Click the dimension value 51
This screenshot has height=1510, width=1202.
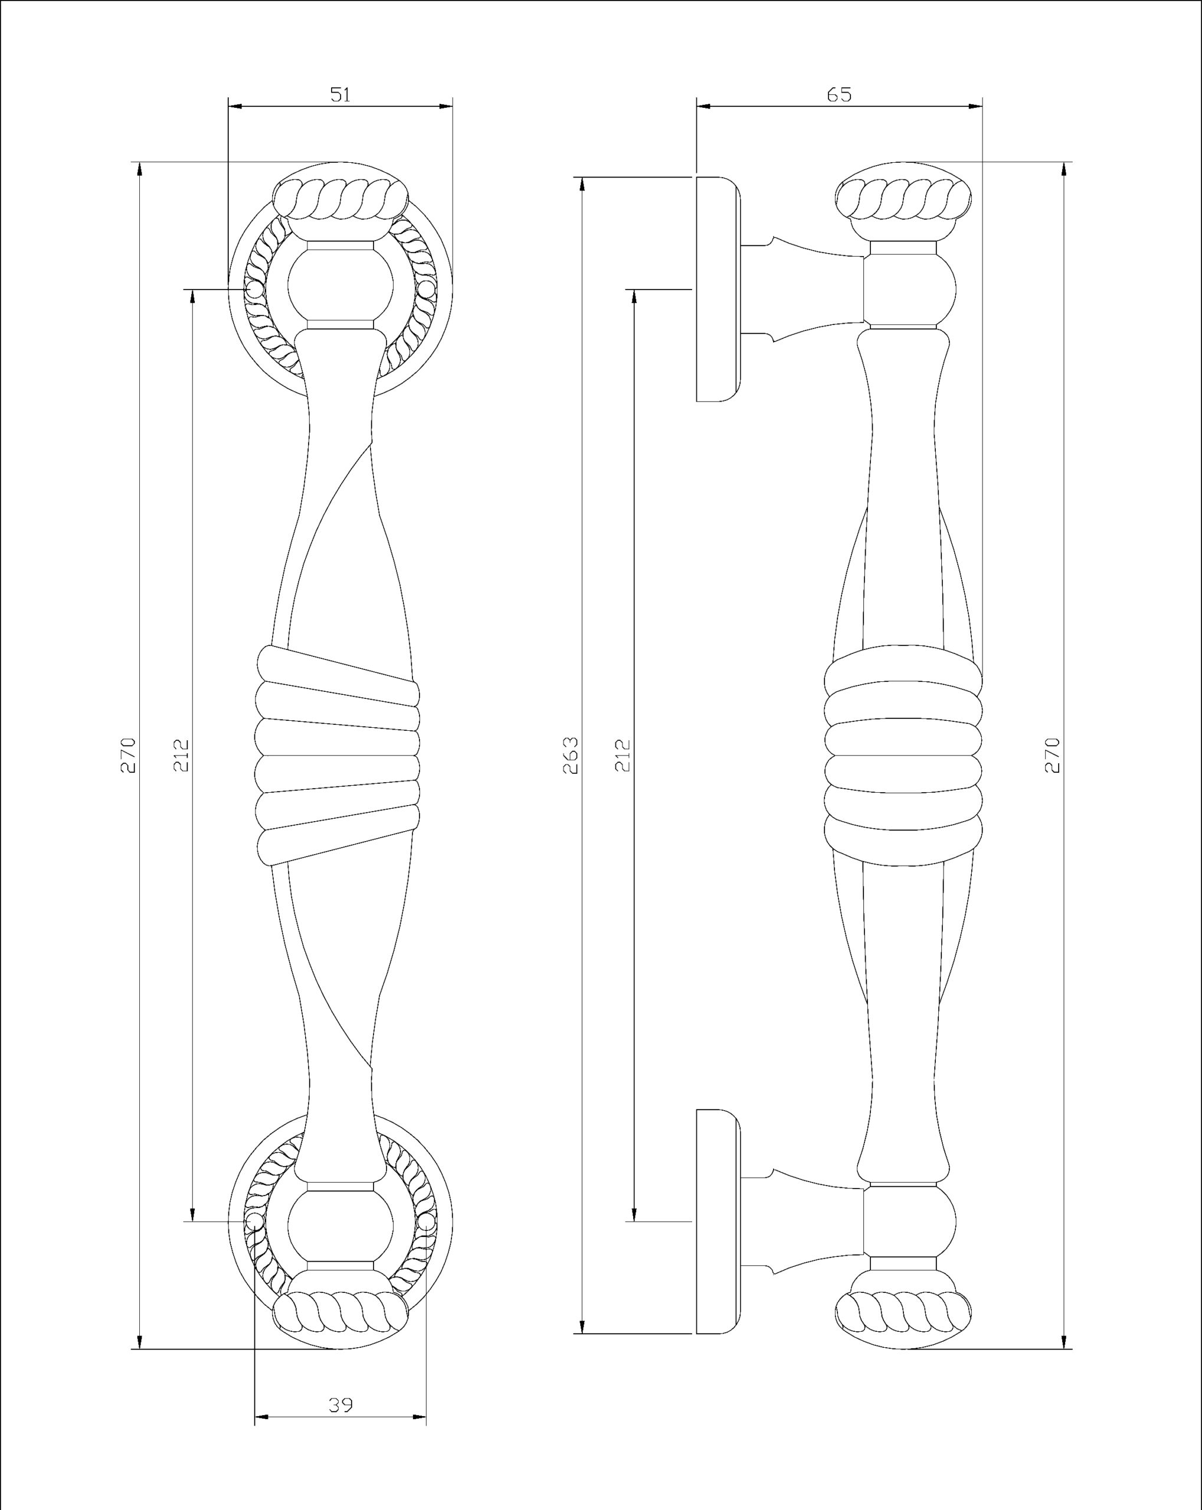pos(340,94)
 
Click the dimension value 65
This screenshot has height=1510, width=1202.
pos(839,94)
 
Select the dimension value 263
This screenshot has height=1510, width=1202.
pos(572,755)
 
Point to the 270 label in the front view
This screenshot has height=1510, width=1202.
pos(128,755)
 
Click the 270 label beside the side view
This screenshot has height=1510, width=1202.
pos(1052,755)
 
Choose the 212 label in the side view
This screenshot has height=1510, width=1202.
pos(623,755)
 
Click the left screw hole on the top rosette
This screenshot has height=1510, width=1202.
pos(254,288)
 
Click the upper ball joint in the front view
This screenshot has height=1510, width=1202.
pos(340,287)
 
